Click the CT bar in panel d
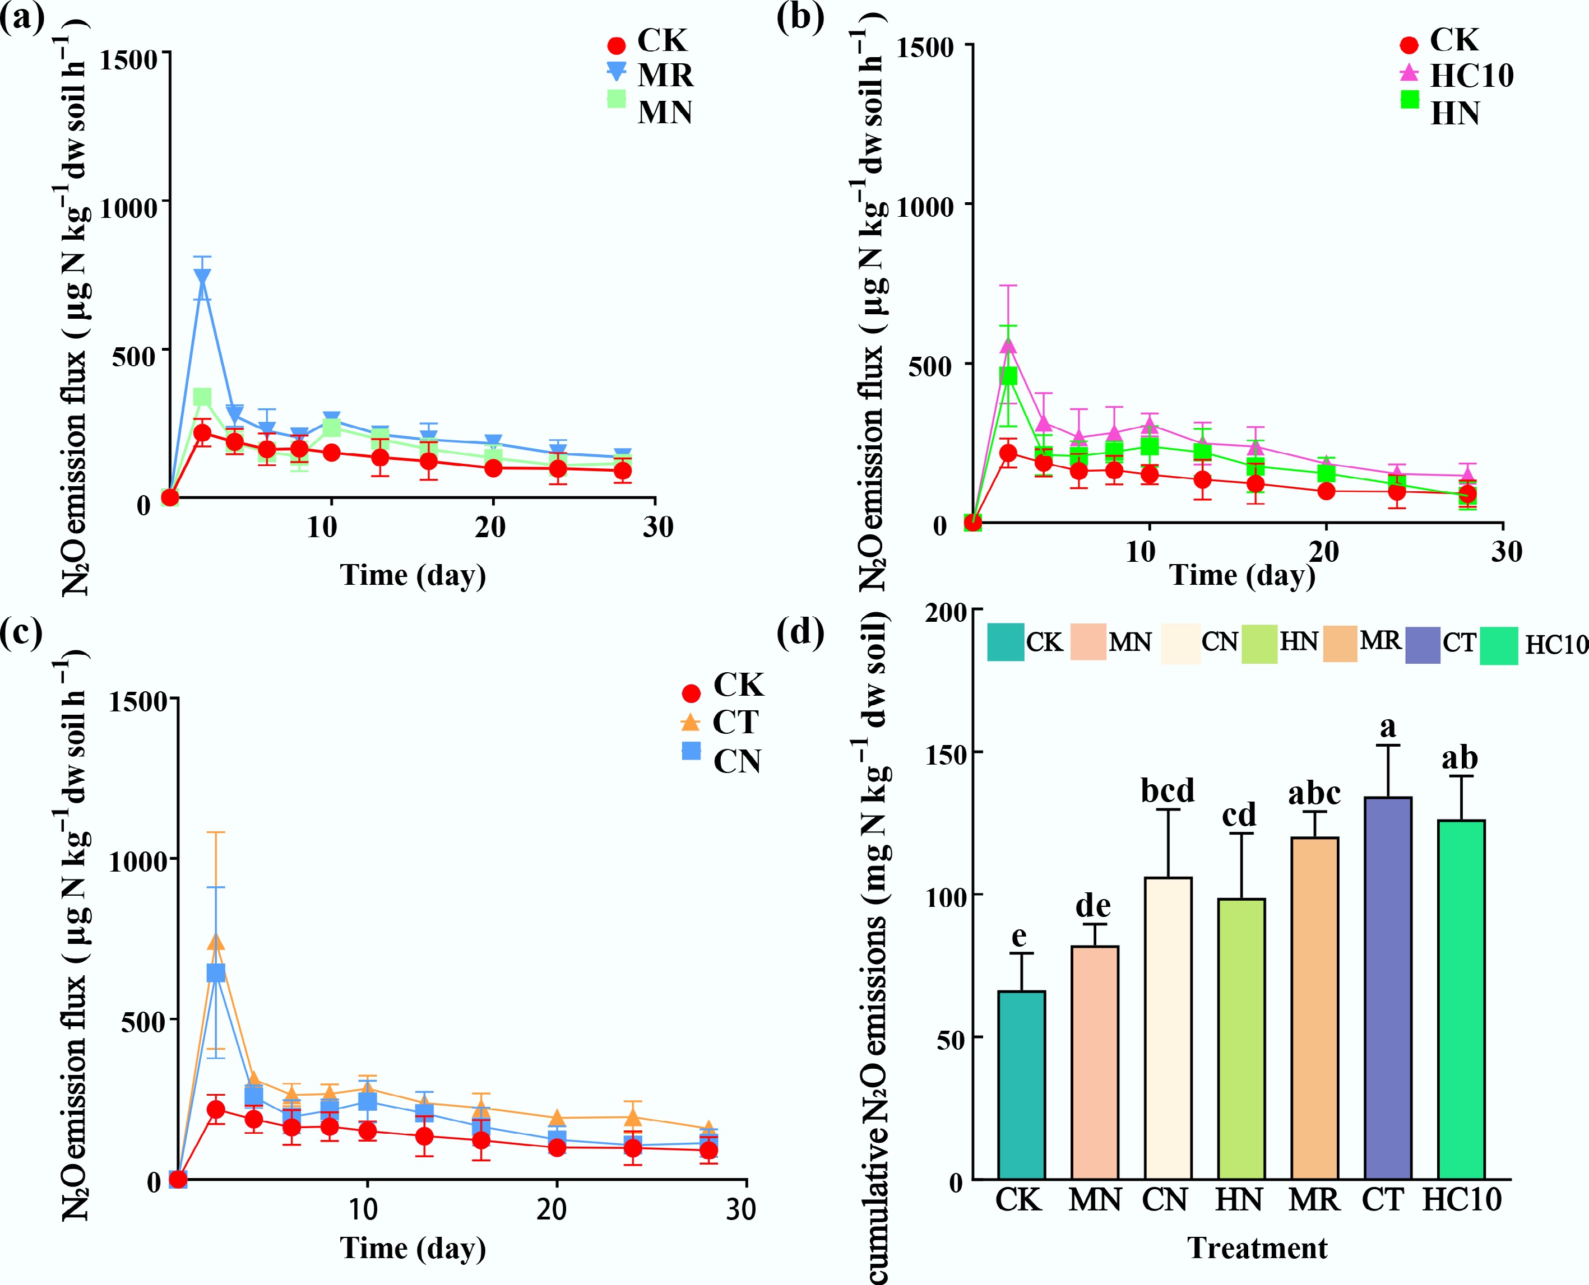coord(1387,988)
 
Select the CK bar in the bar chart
coord(1021,1084)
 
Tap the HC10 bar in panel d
coord(1460,999)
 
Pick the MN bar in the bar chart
coord(1095,1062)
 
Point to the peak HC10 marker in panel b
coord(1008,345)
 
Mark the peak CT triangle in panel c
coord(215,942)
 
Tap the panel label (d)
coord(800,633)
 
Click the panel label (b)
coord(800,16)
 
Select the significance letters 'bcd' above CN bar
coord(1167,790)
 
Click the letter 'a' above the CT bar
coord(1387,727)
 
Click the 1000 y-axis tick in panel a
coord(128,207)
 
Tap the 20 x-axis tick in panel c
coord(552,1209)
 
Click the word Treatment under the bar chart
coord(1257,1248)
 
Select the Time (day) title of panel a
coord(413,575)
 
